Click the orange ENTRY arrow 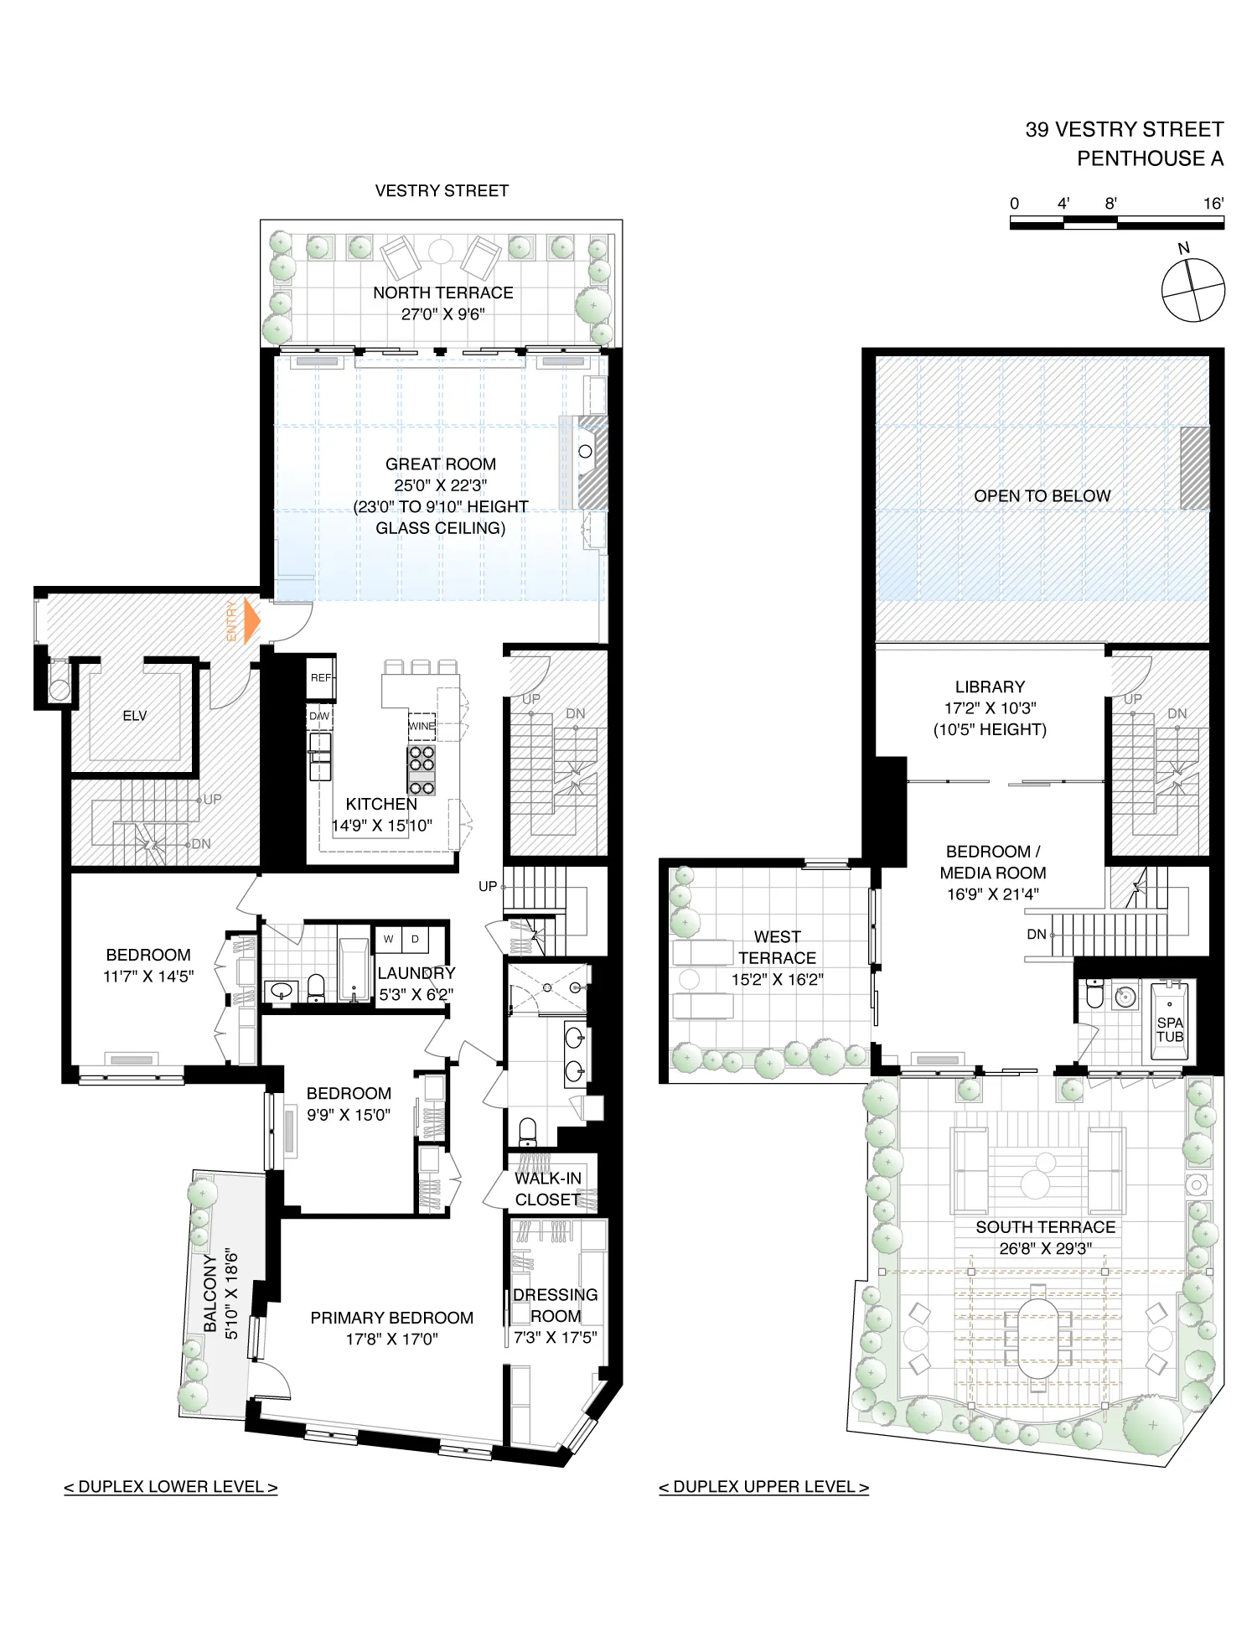pos(251,621)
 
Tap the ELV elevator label pos(134,716)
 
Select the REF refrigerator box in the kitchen pos(321,677)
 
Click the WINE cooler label pos(422,726)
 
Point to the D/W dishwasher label pos(319,716)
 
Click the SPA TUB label pos(1170,1029)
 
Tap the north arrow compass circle pos(1193,290)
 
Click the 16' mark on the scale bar pos(1213,204)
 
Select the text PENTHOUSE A pos(1150,158)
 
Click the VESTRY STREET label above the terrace pos(442,191)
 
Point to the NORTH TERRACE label pos(442,293)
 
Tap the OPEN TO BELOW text pos(1042,496)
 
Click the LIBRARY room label pos(990,687)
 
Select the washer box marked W pos(389,939)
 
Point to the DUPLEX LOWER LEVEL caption pos(171,1487)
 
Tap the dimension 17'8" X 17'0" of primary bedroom pos(391,1339)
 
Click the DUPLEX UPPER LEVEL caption pos(763,1487)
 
